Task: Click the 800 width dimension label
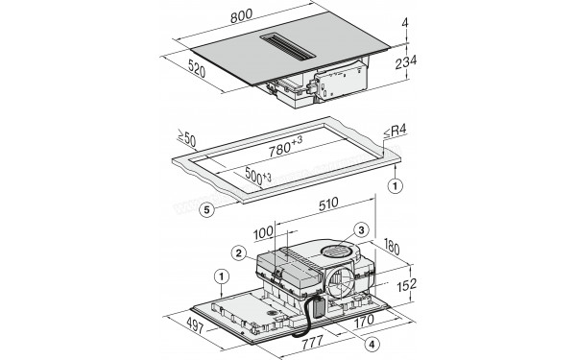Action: pos(242,16)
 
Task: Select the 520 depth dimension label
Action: pos(197,69)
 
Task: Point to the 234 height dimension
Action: pos(406,62)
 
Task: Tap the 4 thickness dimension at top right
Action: pos(405,23)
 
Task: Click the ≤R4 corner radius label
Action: pos(396,132)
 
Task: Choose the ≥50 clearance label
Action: pos(186,137)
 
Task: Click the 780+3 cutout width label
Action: pos(285,147)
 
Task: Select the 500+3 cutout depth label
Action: pos(258,177)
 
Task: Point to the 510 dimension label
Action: pos(328,204)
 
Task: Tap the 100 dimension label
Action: pos(263,232)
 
